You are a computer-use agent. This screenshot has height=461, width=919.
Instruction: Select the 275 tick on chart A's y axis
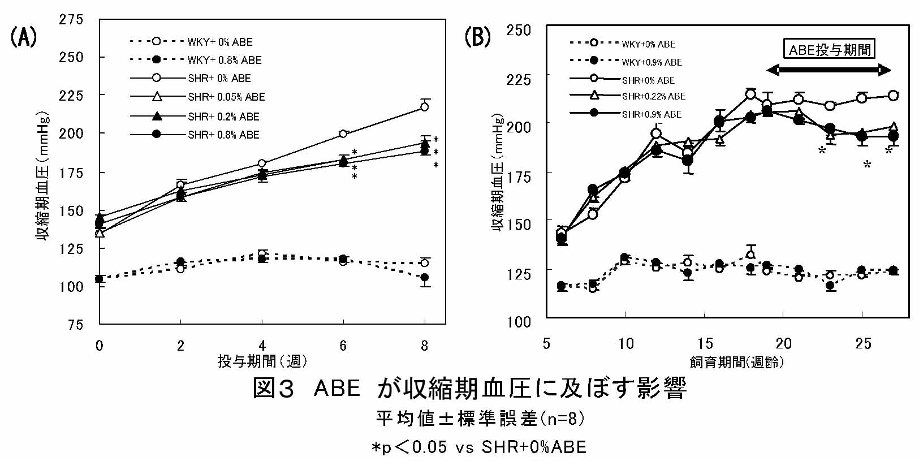tap(71, 20)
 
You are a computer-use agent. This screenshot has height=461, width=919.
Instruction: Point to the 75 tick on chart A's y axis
tap(75, 325)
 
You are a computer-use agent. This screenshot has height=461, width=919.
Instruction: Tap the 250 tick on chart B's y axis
tap(519, 30)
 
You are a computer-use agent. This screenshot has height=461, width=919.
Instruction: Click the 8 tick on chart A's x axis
tap(424, 345)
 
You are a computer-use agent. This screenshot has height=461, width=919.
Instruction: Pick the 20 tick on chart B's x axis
tap(783, 343)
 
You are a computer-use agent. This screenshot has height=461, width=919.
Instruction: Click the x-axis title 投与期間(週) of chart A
tap(262, 361)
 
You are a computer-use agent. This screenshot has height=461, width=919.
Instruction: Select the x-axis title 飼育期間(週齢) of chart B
tap(736, 362)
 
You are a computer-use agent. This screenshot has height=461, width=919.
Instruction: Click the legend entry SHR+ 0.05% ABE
tap(226, 97)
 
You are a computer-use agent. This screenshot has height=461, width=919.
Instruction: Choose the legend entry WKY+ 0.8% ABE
tap(225, 60)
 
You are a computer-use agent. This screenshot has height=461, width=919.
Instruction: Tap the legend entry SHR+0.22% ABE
tap(653, 96)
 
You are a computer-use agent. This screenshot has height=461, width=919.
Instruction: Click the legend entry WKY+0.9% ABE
tap(652, 62)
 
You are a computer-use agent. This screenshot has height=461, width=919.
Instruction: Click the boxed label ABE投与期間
tap(830, 49)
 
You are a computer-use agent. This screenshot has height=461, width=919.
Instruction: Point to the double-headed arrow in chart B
tap(829, 70)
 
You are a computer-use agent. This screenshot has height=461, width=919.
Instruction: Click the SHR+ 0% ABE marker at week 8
tap(424, 106)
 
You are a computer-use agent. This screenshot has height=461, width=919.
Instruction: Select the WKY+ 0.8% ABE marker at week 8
tap(425, 277)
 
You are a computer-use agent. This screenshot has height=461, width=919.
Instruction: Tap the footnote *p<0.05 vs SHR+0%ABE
tap(478, 447)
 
